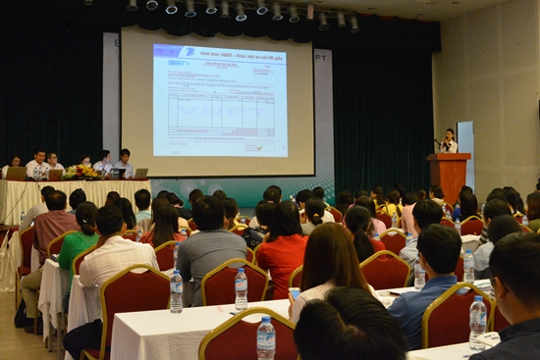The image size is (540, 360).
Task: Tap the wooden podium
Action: point(449,175)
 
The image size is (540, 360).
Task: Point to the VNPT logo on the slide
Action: point(187,51)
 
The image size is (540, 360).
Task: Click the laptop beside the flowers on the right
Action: point(139,174)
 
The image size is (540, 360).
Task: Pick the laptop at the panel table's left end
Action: point(17,173)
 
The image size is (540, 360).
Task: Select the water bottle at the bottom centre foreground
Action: point(266,337)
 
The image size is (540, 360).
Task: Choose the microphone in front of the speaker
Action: point(438,142)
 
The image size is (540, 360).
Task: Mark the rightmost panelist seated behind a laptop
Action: point(125,162)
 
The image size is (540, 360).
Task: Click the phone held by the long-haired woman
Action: point(295,292)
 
